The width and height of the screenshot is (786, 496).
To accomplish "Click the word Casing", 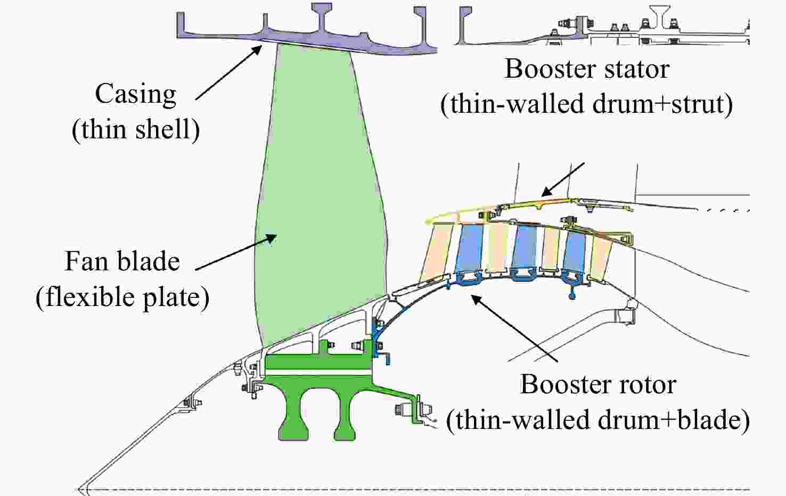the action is (135, 95).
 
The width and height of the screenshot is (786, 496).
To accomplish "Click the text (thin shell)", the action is (136, 130).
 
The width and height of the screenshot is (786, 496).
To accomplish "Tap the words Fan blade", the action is (122, 262).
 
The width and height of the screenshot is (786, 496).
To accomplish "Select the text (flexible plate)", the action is (122, 297).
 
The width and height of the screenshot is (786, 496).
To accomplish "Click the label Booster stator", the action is (587, 69).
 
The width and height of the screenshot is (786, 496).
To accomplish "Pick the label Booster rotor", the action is (598, 385).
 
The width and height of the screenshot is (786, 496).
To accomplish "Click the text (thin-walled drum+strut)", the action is (586, 104).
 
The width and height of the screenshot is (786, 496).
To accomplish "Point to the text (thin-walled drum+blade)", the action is (597, 420).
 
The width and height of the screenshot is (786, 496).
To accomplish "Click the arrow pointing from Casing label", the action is (229, 72).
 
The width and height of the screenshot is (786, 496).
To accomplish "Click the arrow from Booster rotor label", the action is (514, 328).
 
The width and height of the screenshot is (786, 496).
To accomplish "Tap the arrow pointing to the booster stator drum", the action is (563, 179).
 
